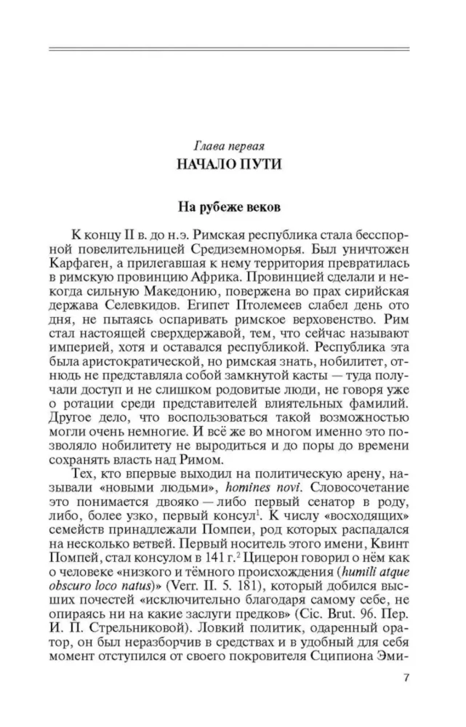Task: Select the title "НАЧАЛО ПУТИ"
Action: click(229, 164)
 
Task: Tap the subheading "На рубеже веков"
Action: click(229, 207)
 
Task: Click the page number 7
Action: click(406, 679)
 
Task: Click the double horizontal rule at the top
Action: click(229, 49)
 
